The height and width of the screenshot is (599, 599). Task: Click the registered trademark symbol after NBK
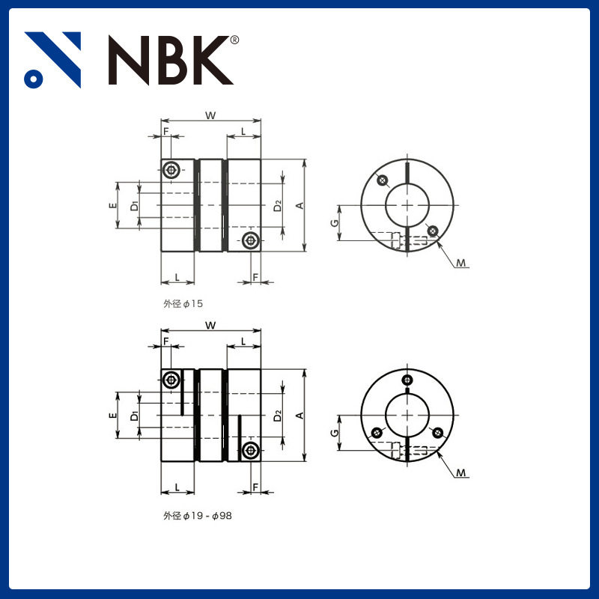[x=234, y=40]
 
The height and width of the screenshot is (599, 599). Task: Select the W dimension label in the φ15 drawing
[x=211, y=115]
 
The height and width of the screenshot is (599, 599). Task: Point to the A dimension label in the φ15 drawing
[x=299, y=205]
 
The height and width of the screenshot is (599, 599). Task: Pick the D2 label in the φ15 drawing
[x=277, y=204]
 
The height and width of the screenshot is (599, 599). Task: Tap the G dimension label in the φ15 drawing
[x=334, y=223]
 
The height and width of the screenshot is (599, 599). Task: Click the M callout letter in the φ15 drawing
[x=462, y=263]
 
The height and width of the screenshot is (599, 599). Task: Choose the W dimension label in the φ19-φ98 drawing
[x=211, y=325]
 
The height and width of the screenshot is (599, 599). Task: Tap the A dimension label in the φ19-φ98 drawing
[x=299, y=416]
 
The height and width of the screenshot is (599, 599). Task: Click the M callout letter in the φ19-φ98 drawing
[x=462, y=473]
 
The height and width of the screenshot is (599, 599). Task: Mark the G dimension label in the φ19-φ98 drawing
[x=334, y=434]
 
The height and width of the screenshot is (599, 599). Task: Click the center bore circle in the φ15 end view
[x=407, y=205]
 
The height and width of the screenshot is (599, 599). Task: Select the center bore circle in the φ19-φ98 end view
[x=407, y=416]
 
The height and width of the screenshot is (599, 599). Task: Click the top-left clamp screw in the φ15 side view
[x=174, y=170]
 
